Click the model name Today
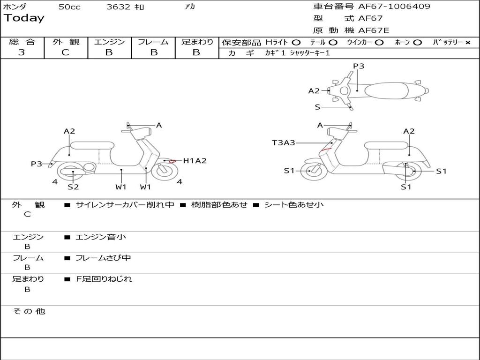pos(24,18)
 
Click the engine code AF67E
pos(374,30)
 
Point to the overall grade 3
pos(22,52)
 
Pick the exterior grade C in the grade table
pos(65,52)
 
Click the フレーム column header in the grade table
pos(153,42)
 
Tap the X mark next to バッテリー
pos(467,43)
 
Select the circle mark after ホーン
pos(417,43)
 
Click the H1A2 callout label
pos(195,161)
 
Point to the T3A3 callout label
pos(284,142)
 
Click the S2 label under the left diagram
pos(73,187)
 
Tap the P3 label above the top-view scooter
pos(359,66)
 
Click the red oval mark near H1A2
pos(172,161)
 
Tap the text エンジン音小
pos(101,237)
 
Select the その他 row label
pos(29,311)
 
